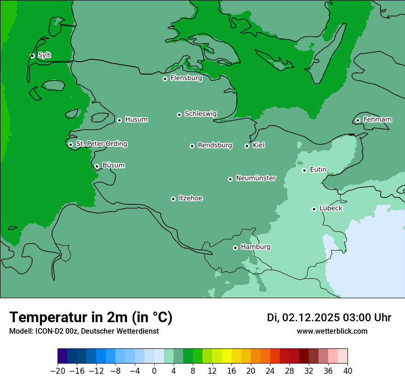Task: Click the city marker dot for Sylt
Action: pos(32,56)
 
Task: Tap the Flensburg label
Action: pos(186,78)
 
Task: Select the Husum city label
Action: pos(136,120)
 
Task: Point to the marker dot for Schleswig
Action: pos(179,115)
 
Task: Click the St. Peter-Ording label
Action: pos(101,144)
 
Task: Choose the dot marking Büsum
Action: pos(97,167)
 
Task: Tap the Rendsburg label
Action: pos(215,145)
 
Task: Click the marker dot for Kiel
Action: pos(247,146)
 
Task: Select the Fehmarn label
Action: pos(377,120)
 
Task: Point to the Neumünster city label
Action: pos(256,178)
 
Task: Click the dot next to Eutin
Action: pos(304,170)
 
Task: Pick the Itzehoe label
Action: pos(191,198)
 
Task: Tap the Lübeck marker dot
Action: pos(314,209)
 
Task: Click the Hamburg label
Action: pos(255,247)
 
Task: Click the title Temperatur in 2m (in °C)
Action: pos(91,317)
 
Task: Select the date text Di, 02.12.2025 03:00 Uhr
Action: pos(329,318)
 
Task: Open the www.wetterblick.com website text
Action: pos(332,331)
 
